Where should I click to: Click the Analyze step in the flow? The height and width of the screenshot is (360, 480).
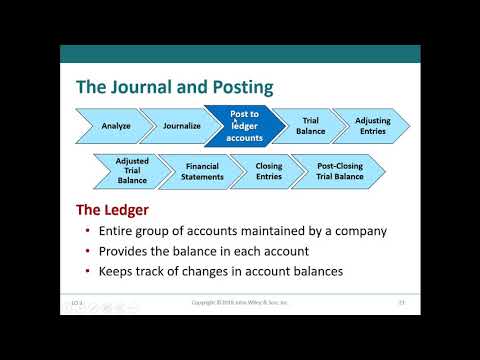point(116,126)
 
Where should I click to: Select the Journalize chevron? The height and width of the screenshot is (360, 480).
point(181,126)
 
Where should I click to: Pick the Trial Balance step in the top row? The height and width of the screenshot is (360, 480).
point(310,126)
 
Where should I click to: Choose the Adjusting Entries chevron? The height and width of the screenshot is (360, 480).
point(373,126)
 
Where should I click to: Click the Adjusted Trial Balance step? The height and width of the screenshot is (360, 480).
point(132,171)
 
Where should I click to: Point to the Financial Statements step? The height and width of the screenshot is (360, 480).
point(203,171)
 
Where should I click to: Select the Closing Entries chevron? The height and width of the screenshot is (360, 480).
point(269,171)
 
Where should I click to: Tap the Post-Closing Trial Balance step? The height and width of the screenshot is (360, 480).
point(340,171)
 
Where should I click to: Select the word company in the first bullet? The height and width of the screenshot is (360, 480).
point(358,232)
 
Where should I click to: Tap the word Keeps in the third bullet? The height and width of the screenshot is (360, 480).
point(117,270)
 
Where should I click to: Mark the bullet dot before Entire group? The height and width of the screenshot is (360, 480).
point(88,232)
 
